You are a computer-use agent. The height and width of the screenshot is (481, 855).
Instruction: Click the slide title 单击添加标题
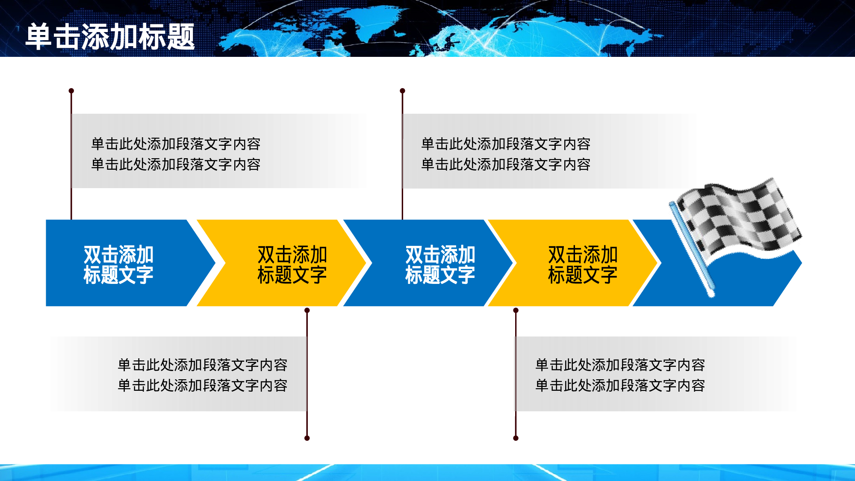click(110, 37)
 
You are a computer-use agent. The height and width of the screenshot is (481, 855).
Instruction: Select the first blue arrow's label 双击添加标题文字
click(118, 264)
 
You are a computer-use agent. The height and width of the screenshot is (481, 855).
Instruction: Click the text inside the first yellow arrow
click(292, 264)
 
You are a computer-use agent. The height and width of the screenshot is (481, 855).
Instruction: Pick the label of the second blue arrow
click(440, 264)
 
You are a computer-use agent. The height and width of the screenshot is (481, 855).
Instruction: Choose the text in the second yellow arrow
click(583, 264)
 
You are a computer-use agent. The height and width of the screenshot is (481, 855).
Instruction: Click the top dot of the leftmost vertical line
click(71, 91)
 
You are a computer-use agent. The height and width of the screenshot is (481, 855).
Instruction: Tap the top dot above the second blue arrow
click(402, 91)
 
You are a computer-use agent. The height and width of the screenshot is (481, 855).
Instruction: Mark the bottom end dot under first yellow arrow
click(307, 438)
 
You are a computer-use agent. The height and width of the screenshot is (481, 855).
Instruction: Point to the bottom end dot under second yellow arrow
click(516, 438)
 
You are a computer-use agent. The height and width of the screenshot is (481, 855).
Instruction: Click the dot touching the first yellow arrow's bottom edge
click(307, 310)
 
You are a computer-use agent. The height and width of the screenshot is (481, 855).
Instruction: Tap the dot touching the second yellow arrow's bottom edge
click(516, 310)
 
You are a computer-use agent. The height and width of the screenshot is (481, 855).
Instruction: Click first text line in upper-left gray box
click(176, 144)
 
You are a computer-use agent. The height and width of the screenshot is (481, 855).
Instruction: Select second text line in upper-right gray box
click(506, 165)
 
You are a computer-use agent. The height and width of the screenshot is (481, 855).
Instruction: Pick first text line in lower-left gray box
click(202, 365)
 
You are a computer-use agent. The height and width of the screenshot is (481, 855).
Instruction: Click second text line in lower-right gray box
click(620, 386)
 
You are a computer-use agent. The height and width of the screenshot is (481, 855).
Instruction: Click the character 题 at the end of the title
click(181, 37)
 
